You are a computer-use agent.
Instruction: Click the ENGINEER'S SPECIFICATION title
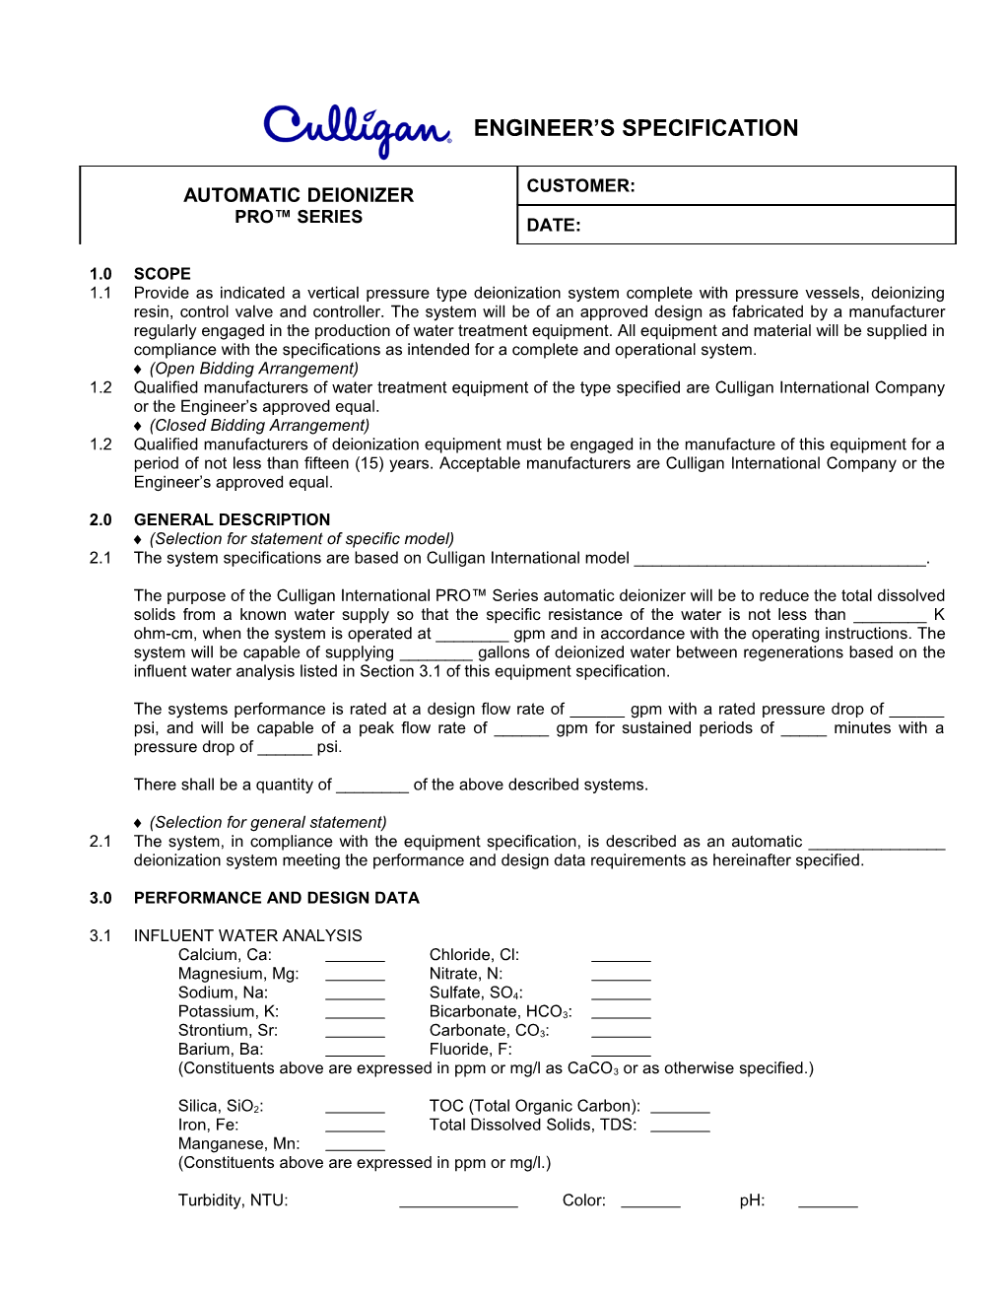pos(636,128)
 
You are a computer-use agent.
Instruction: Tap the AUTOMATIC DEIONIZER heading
pos(299,195)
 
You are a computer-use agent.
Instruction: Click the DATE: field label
pos(554,226)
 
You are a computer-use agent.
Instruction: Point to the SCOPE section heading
pos(163,274)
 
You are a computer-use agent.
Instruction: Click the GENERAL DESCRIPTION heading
pos(232,519)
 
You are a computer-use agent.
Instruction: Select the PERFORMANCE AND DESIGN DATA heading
pos(276,898)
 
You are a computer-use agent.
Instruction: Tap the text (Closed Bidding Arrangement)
pos(259,426)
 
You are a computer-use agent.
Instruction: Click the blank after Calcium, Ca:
pos(355,957)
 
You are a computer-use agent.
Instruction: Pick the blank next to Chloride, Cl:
pos(621,957)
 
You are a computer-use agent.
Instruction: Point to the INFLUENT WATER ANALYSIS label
pos(247,935)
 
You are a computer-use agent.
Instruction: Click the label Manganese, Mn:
pos(238,1143)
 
